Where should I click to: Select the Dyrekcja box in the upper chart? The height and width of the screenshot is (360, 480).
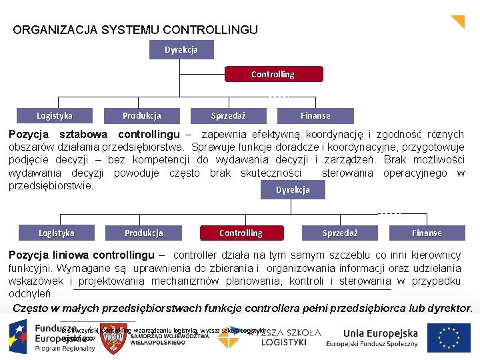coord(181,50)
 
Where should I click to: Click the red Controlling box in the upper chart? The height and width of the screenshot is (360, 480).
coord(273,75)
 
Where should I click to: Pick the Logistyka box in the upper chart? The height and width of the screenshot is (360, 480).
coord(55,115)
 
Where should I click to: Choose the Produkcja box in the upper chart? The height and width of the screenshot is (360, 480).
coord(141,115)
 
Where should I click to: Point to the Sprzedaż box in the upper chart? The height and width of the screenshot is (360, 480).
coord(228,115)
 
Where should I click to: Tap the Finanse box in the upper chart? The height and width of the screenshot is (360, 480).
coord(315,115)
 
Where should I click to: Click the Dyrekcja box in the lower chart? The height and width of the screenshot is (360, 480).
coord(293,190)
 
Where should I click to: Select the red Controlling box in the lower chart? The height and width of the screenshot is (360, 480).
coord(241,233)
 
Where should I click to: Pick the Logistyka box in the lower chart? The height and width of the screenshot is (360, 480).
coord(57,233)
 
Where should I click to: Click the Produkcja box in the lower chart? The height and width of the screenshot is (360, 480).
coord(143,233)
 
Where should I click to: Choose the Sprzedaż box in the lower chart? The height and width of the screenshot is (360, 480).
coord(340,233)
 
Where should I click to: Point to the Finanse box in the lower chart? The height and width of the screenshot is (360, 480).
coord(427,233)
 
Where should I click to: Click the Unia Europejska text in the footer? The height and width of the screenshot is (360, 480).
coord(381,333)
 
